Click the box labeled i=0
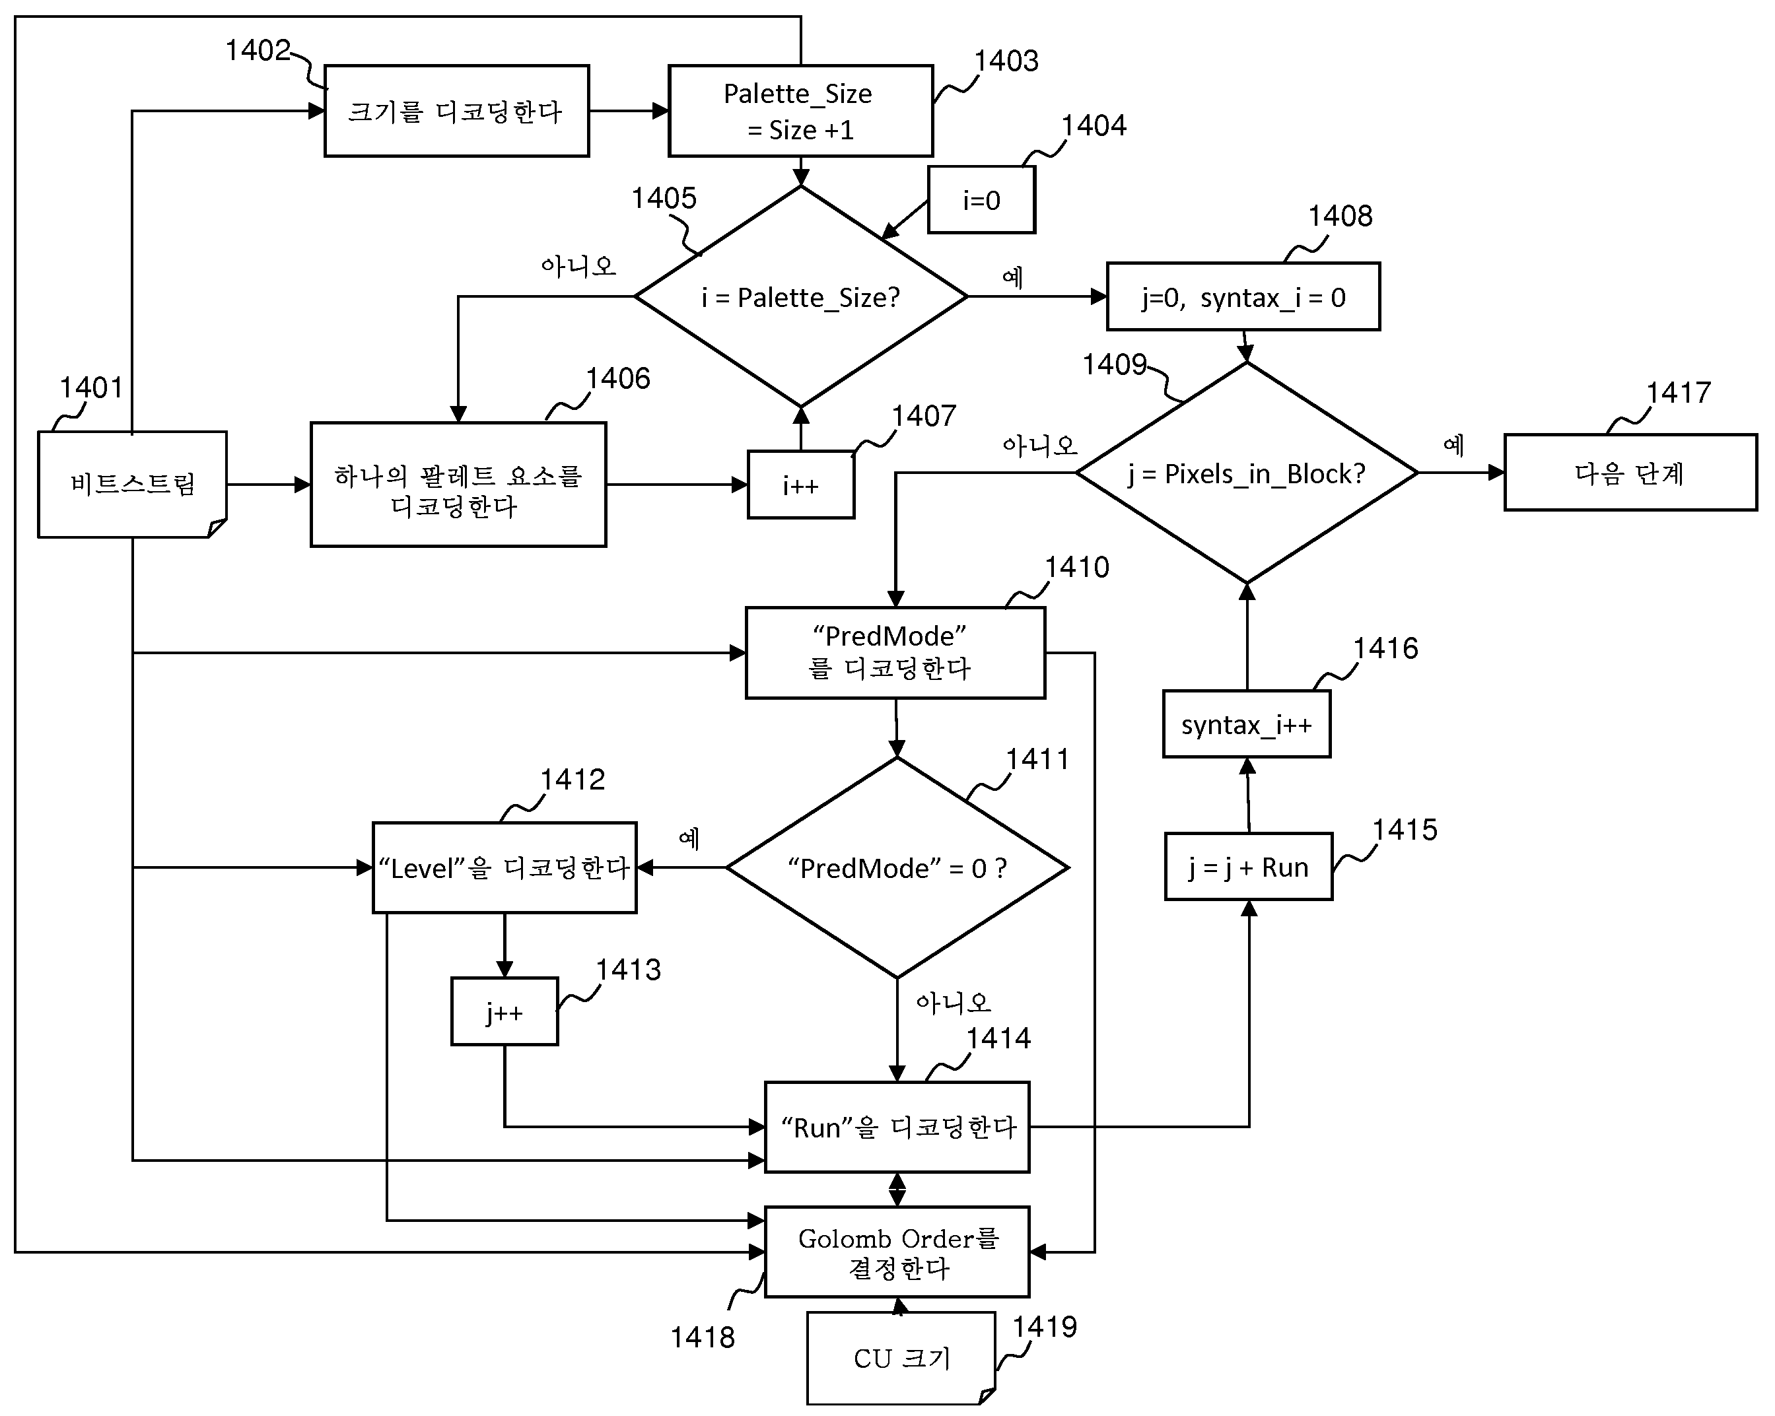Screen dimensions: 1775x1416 (981, 200)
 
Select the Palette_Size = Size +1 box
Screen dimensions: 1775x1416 (800, 111)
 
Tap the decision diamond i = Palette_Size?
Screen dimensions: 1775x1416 (801, 296)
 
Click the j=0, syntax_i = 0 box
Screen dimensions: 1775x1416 (1243, 296)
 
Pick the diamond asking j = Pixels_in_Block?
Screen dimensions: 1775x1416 (1247, 473)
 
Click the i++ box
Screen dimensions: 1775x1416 (801, 485)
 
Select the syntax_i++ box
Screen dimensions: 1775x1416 (1247, 724)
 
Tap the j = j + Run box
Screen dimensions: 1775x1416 (1248, 867)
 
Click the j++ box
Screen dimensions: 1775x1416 (505, 1012)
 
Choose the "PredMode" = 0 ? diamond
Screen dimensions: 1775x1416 (897, 867)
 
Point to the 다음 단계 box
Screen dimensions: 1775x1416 (1630, 473)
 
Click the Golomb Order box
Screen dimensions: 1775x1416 (897, 1252)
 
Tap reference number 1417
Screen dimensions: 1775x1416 (1678, 393)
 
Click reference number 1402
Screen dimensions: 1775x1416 (258, 50)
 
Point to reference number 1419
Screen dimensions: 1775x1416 (1044, 1327)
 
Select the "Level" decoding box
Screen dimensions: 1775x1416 (505, 867)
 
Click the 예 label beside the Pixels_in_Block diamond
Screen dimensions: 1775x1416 (1453, 446)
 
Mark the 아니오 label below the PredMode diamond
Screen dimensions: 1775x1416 (954, 1003)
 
